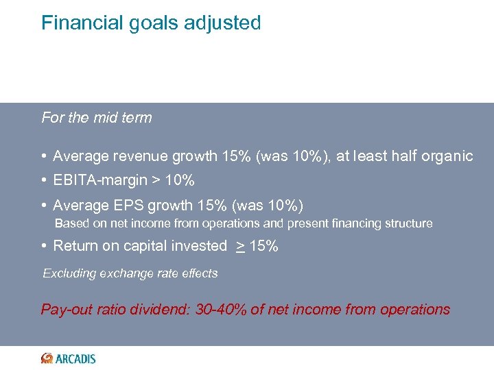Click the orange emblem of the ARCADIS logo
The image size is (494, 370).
pyautogui.click(x=47, y=358)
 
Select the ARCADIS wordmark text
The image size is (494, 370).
pyautogui.click(x=75, y=358)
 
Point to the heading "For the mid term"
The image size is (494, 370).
pyautogui.click(x=97, y=118)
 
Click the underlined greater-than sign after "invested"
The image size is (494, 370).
pyautogui.click(x=240, y=246)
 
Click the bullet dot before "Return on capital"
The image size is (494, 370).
pyautogui.click(x=45, y=246)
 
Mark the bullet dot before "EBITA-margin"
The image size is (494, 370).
pyautogui.click(x=45, y=181)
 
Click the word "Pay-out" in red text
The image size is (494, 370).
pyautogui.click(x=65, y=310)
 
